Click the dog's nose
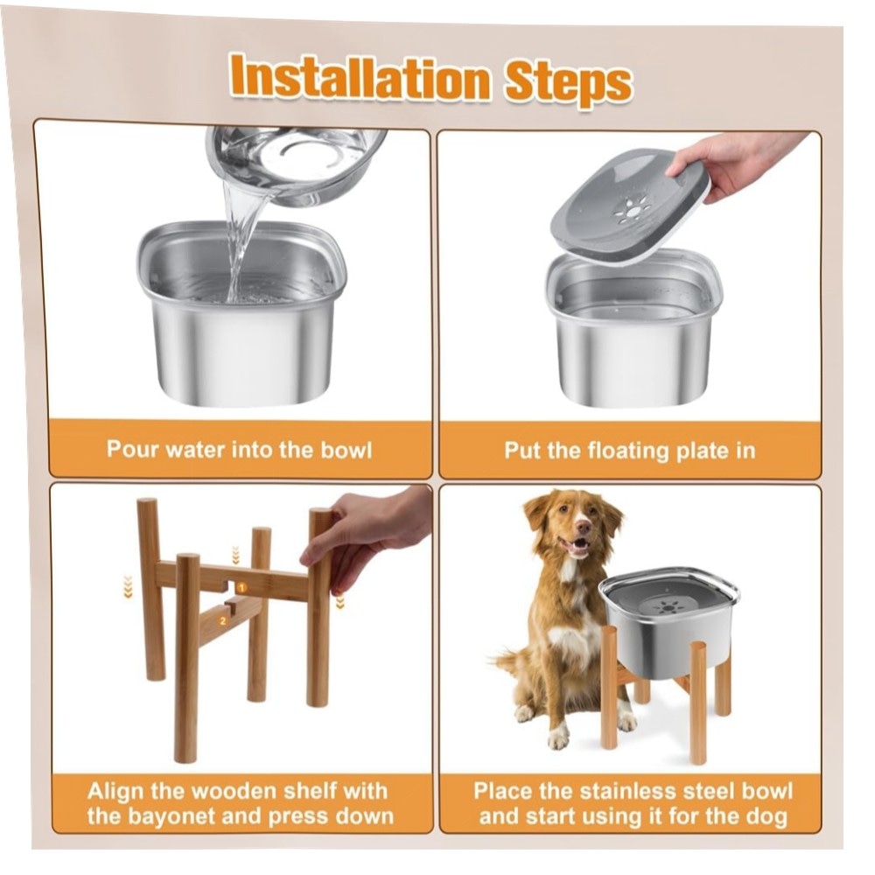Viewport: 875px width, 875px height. coord(583,526)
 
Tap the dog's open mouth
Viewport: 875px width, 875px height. coord(578,545)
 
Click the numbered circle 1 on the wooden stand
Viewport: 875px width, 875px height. coord(241,588)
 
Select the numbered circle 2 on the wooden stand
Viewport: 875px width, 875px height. coord(223,620)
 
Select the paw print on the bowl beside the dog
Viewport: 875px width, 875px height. coord(668,606)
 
